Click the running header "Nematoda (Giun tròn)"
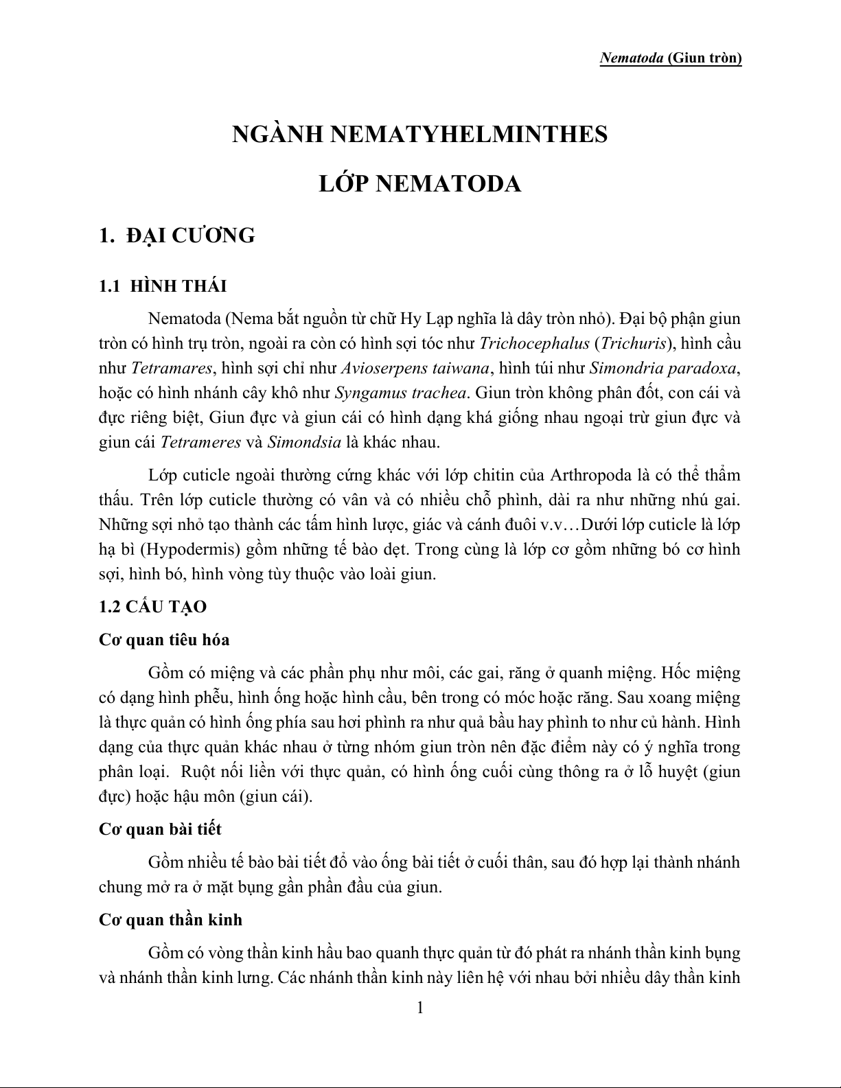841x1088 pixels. point(670,58)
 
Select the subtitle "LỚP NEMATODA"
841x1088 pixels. point(420,184)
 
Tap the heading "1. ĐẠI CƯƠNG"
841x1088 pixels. point(176,235)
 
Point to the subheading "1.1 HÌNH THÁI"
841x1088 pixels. point(163,286)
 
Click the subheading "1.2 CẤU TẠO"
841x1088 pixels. point(152,607)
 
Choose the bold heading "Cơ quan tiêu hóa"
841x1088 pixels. point(164,640)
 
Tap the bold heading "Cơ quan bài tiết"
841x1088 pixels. point(160,829)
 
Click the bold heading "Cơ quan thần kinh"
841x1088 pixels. point(170,920)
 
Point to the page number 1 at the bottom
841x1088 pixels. point(420,1008)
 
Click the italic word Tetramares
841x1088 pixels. point(171,369)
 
